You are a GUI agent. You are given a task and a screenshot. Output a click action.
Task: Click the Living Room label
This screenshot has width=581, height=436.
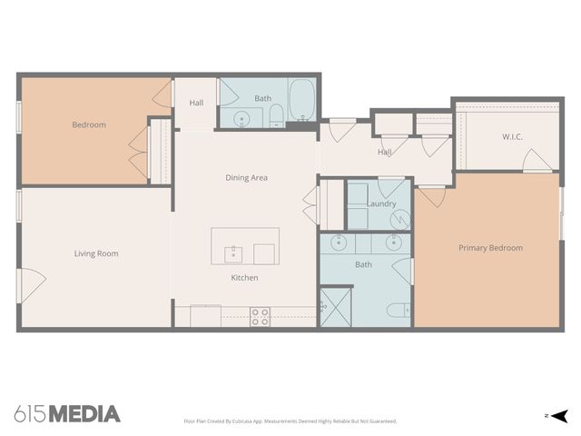tap(96, 253)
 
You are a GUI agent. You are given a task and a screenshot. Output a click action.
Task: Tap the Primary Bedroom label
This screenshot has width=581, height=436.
tap(490, 248)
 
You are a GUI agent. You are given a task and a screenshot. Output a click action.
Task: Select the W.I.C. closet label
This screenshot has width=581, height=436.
tap(512, 137)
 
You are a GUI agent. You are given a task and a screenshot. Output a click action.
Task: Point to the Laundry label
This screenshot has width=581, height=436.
tap(381, 203)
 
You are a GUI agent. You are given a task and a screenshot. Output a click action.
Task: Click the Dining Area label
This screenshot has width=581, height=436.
tap(246, 178)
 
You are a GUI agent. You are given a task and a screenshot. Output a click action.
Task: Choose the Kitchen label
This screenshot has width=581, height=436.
tap(244, 277)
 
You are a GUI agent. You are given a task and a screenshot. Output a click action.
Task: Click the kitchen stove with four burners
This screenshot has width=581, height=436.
tap(261, 316)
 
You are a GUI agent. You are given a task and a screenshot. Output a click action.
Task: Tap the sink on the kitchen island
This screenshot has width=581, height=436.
tap(233, 252)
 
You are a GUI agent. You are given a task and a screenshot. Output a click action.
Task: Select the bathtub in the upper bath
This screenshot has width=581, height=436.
tap(302, 99)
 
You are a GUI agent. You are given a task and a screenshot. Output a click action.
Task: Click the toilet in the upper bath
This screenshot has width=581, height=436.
tap(276, 114)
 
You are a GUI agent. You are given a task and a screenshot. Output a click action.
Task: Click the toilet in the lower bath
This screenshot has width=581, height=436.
tap(398, 311)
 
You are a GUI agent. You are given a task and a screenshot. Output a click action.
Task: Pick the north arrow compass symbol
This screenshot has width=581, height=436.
tap(560, 416)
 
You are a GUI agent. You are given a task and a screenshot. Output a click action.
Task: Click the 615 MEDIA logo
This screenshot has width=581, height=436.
tap(68, 414)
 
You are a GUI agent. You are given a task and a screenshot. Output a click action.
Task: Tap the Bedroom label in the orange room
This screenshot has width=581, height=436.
tap(89, 125)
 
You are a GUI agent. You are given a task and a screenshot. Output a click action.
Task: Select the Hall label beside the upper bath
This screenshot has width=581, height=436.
tap(196, 103)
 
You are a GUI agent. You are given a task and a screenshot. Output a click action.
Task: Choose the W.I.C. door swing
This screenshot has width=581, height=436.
tap(537, 162)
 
